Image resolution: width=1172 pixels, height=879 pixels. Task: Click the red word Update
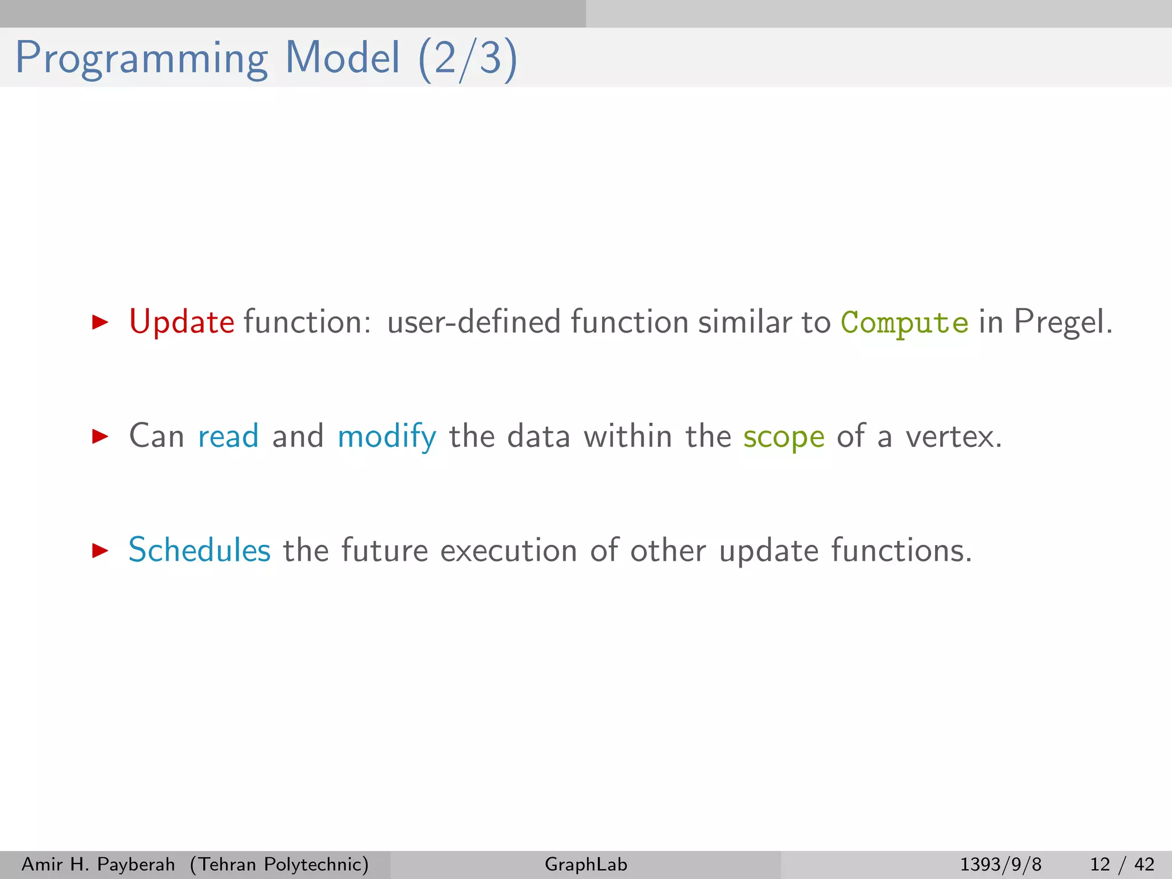181,322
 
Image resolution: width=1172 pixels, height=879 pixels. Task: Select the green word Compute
904,323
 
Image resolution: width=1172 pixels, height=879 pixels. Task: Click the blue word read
228,437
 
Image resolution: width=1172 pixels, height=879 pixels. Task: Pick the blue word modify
387,437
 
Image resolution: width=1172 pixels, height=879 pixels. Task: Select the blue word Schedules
199,551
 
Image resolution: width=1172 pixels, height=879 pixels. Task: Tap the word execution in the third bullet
509,551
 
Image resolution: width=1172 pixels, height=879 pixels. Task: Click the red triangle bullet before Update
100,322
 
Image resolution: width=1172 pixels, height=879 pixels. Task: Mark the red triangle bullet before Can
100,437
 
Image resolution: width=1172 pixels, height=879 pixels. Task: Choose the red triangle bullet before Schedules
100,551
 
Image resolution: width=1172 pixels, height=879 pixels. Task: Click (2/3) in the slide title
468,59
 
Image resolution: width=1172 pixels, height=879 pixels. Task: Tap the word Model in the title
342,58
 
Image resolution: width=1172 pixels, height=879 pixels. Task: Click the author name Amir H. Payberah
98,864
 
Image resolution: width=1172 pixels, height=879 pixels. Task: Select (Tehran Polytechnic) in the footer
279,864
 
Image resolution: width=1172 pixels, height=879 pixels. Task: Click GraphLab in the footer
586,864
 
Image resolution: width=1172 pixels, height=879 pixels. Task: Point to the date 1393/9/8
1000,864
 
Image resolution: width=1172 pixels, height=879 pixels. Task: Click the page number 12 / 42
1122,864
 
